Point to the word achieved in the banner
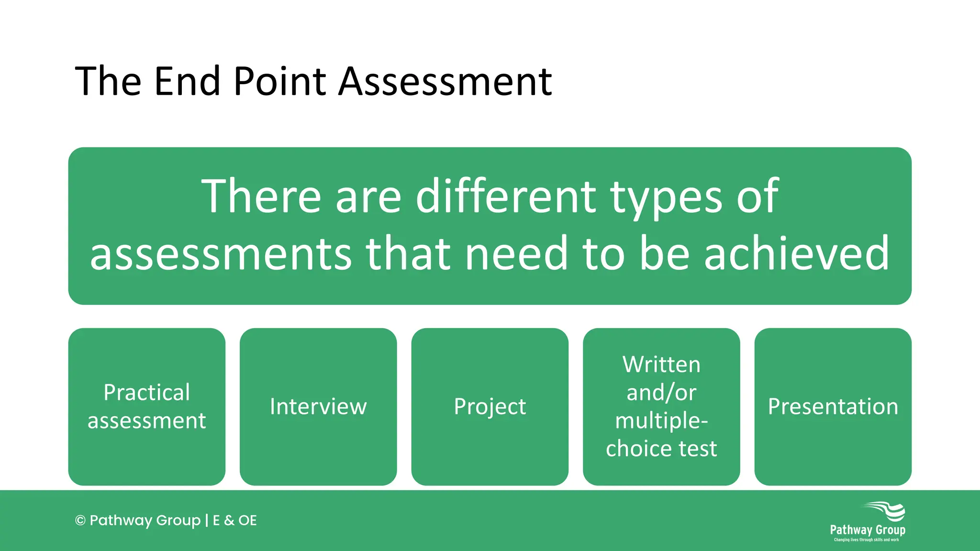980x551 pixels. tap(796, 253)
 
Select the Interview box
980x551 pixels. tap(318, 407)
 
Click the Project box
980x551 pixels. tap(490, 407)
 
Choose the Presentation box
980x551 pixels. tap(833, 407)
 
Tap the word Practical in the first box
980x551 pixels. tap(147, 393)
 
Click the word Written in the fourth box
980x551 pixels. tap(661, 365)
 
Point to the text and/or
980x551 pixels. tap(661, 393)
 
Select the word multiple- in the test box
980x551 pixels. tap(661, 421)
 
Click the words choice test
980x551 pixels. tap(661, 449)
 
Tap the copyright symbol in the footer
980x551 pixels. tap(80, 520)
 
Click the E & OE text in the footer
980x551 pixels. tap(234, 520)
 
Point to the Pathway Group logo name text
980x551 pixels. tap(868, 530)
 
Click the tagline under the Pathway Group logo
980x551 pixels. tap(867, 540)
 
